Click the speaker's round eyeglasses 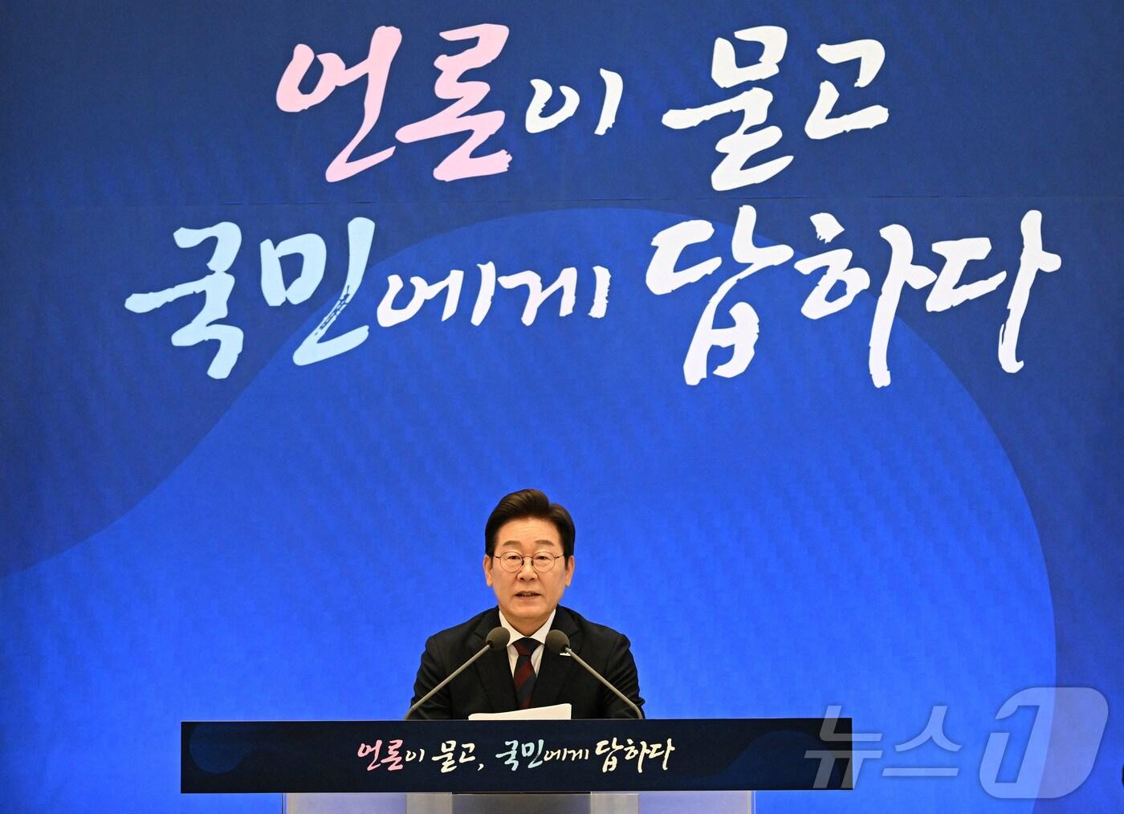tap(529, 561)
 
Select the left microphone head tap(499, 638)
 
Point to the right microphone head tap(557, 641)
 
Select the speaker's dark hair tap(528, 517)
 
